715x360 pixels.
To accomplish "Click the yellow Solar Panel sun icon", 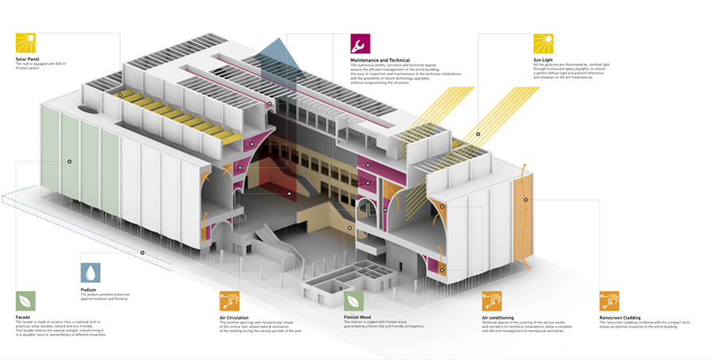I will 25,42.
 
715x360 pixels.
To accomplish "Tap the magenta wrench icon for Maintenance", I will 361,43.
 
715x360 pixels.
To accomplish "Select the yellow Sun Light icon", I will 543,43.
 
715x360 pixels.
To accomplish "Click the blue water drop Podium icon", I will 91,273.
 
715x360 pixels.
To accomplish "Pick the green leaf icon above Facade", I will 25,301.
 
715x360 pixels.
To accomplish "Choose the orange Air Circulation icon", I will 230,301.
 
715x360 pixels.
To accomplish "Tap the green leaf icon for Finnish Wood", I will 354,301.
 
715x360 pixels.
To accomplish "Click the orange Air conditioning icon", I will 492,301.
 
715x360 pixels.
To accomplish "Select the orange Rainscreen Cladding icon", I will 609,301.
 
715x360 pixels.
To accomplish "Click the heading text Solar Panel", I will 28,59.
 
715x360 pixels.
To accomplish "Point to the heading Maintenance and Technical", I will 379,60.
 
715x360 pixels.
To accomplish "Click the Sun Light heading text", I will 543,60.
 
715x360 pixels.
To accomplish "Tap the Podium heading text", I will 88,290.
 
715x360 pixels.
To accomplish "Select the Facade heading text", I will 22,316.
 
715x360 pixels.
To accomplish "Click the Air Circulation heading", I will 236,316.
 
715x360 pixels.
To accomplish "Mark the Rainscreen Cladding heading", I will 620,316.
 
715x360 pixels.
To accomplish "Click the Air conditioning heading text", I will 497,316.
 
